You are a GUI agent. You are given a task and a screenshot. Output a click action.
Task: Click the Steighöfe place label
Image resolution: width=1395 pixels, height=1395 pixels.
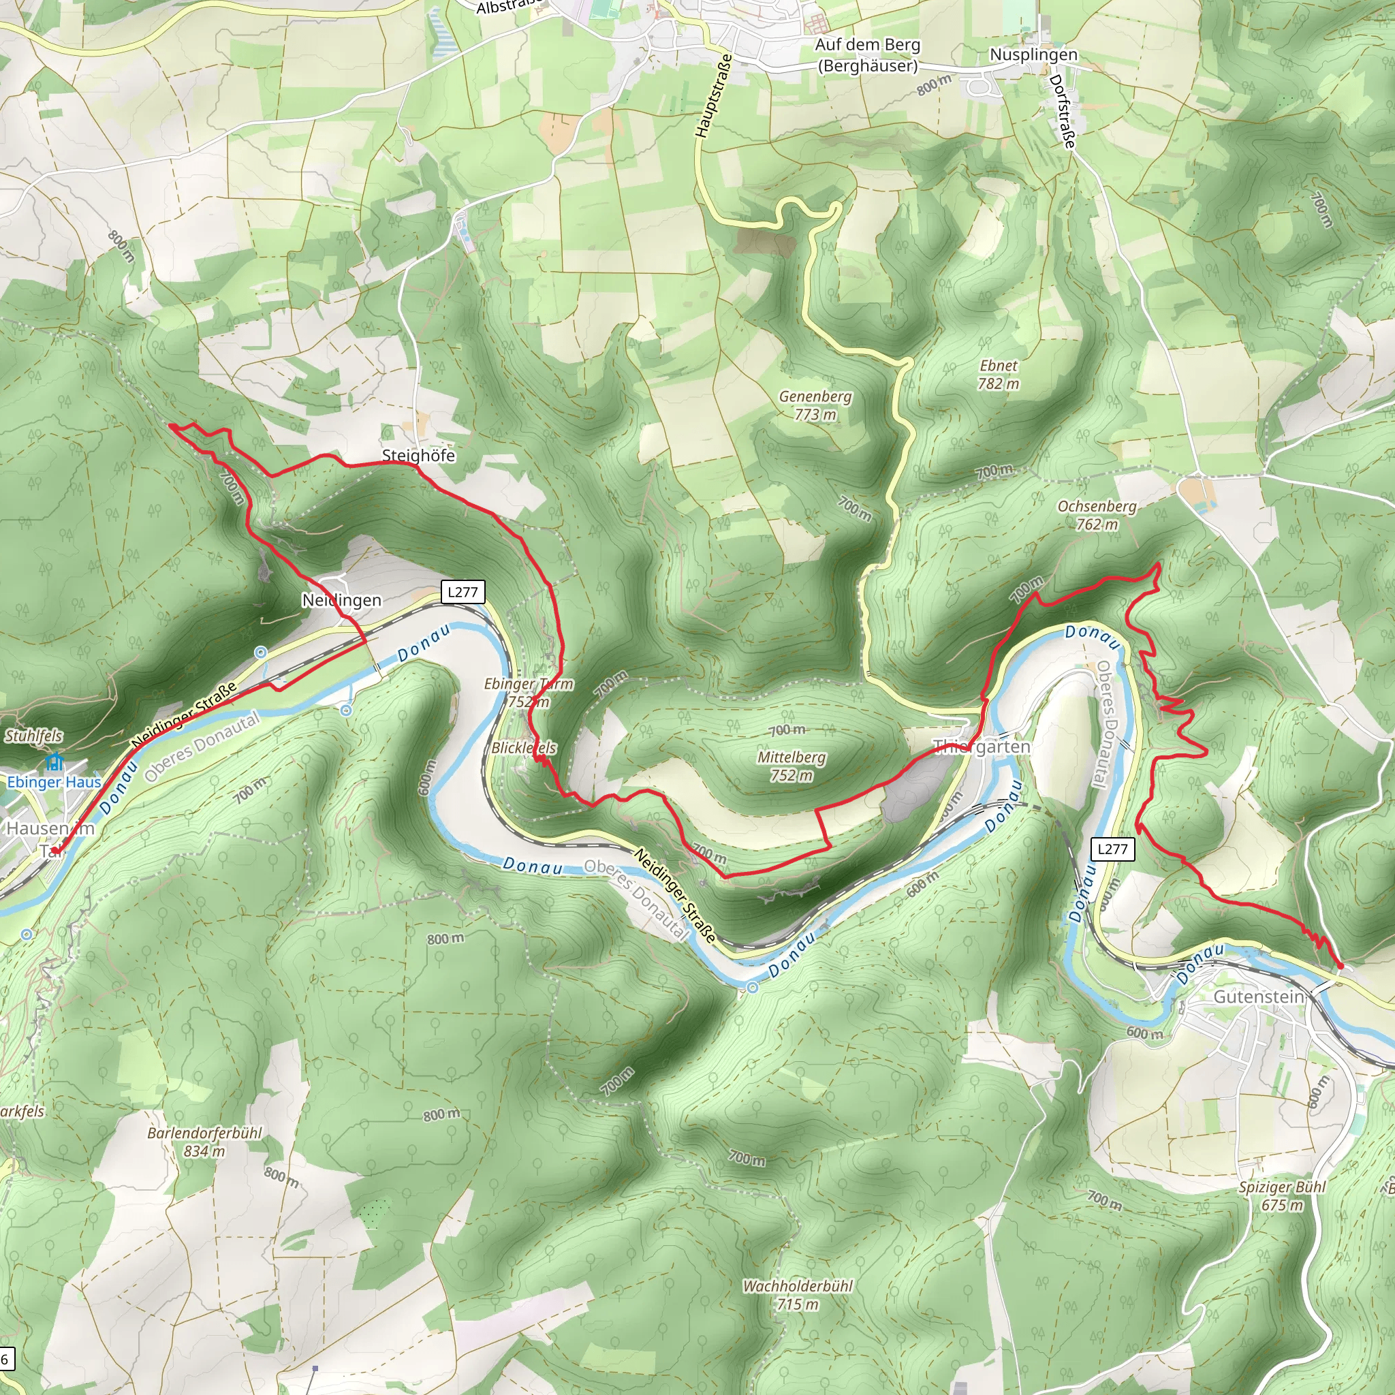pos(418,455)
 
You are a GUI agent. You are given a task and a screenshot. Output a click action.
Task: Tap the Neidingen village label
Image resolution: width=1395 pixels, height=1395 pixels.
pos(341,600)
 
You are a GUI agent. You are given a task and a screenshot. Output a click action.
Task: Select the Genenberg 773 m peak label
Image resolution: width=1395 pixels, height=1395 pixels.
pos(815,405)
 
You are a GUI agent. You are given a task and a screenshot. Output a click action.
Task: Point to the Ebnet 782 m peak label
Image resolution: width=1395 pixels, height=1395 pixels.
pos(998,374)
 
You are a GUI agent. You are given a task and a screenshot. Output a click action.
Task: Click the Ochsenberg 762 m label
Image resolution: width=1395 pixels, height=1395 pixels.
pos(1096,515)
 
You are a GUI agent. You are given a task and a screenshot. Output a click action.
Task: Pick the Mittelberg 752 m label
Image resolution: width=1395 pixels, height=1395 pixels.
pos(791,766)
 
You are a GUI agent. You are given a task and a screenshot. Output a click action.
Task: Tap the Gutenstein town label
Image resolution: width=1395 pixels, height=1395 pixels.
pos(1258,997)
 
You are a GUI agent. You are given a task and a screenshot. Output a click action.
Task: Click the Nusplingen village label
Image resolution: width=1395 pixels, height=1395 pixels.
pos(1033,55)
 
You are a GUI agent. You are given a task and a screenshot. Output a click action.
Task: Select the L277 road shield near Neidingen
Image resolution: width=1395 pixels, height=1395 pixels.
pos(462,592)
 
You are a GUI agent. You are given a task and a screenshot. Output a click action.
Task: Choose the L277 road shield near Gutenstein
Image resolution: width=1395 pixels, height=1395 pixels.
pos(1112,849)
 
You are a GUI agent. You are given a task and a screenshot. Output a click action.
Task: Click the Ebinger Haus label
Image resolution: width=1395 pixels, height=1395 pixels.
pos(54,782)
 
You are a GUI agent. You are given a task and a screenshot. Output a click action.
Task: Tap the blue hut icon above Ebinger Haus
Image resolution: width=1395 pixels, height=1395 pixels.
pos(54,762)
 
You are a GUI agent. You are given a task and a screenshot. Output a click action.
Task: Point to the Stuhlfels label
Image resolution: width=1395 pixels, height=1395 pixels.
pos(34,736)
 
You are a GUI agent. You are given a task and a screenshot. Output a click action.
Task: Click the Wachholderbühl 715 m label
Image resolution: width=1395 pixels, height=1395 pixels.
pos(797,1295)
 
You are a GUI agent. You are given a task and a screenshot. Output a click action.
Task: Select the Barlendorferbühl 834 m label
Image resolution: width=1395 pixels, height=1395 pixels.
pos(204,1142)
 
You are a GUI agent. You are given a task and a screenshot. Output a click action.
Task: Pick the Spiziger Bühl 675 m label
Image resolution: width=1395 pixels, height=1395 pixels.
pos(1283,1195)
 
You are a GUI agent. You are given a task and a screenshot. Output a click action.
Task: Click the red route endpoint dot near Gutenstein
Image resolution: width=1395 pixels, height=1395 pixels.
pos(1340,965)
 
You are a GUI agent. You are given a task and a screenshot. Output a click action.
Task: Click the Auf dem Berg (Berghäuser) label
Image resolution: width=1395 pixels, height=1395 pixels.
pos(866,55)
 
